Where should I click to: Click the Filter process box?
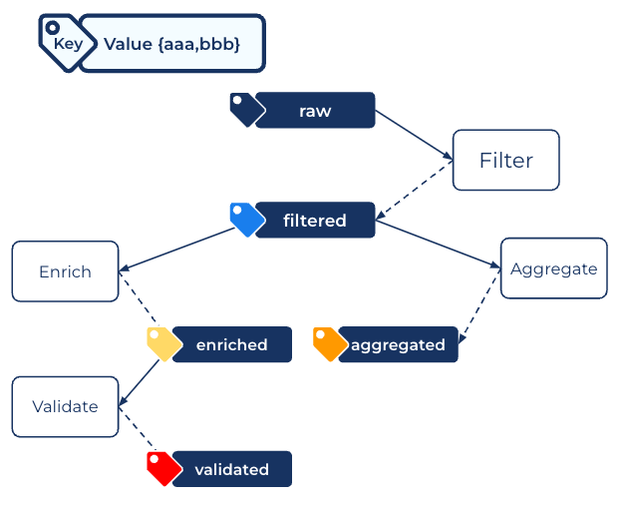point(505,160)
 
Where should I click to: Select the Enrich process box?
point(65,271)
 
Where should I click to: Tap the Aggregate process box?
point(553,268)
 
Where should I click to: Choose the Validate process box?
point(65,406)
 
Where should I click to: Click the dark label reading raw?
point(315,111)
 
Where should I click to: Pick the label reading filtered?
point(315,221)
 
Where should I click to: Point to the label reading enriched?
point(232,344)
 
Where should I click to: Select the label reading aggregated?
point(398,344)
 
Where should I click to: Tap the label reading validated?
point(232,469)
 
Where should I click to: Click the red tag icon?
point(162,468)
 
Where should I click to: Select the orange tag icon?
point(329,343)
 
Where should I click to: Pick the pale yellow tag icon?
point(162,343)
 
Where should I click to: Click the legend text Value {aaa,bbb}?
point(171,44)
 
